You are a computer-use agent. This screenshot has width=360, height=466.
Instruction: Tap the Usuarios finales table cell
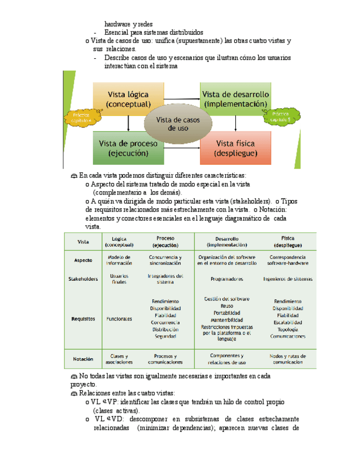(x=119, y=279)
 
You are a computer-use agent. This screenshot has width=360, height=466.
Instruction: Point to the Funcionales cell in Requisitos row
(x=119, y=319)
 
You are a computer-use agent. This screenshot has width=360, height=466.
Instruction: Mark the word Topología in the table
(x=287, y=329)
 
